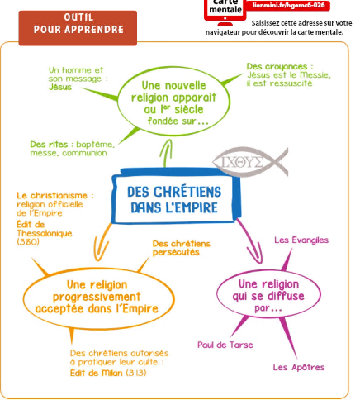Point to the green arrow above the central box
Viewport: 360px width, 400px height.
[x=166, y=153]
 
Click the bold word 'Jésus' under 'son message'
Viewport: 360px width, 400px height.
[x=60, y=87]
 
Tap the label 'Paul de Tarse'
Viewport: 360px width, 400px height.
[x=225, y=345]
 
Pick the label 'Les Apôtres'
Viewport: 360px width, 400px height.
[x=298, y=367]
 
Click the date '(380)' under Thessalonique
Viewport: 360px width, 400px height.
[x=28, y=243]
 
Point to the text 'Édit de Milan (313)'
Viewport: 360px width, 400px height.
[x=109, y=373]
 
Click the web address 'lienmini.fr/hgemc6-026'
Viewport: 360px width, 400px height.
[x=291, y=5]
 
